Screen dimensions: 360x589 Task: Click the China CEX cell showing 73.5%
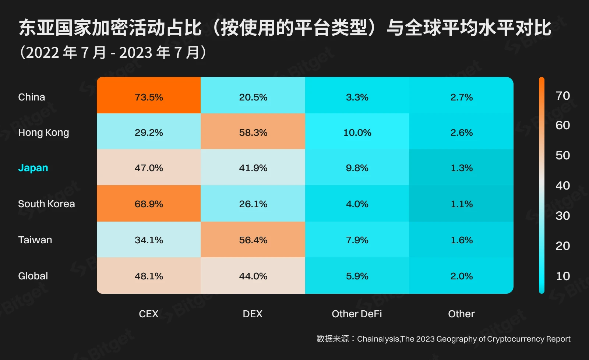tap(149, 97)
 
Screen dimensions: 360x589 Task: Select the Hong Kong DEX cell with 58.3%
tap(253, 133)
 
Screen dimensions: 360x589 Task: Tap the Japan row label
tap(33, 168)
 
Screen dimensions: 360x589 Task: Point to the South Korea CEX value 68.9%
tap(149, 204)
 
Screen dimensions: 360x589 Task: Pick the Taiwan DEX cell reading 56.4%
tap(253, 240)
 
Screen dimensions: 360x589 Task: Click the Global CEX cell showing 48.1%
tap(149, 276)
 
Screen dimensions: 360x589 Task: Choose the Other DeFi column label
tap(357, 314)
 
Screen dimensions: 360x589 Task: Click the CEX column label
tap(149, 314)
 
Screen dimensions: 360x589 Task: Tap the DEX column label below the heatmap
tap(253, 314)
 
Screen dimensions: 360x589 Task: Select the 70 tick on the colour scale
tap(562, 96)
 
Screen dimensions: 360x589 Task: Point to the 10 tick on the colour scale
tap(562, 276)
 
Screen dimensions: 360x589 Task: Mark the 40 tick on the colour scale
tap(562, 186)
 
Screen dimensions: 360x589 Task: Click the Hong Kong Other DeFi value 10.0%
tap(357, 133)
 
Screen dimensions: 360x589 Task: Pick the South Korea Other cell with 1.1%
tap(462, 204)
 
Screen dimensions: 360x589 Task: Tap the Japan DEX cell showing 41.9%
tap(253, 168)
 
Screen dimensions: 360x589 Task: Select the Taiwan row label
tap(35, 240)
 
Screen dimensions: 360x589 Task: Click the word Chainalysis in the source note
tap(378, 339)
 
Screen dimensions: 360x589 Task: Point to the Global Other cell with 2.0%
tap(462, 276)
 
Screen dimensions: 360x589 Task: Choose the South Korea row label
tap(46, 204)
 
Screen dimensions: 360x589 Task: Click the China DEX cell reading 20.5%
tap(253, 97)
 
